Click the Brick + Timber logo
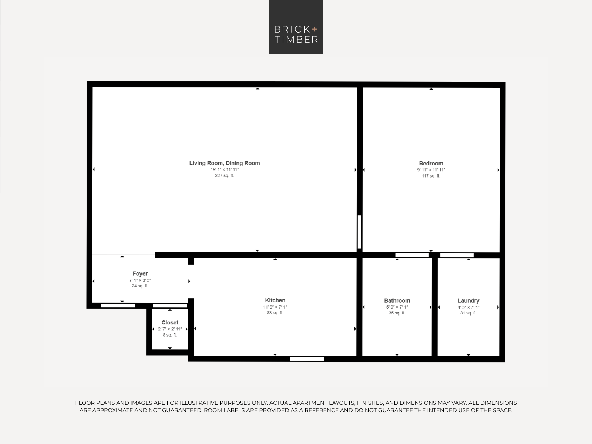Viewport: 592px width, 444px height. coord(296,27)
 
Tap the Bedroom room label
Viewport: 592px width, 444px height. coord(431,164)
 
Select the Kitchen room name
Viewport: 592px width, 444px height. coord(275,300)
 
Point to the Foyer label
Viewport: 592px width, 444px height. coord(140,274)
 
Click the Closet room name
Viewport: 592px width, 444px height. coord(170,322)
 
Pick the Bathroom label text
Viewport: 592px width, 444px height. coord(397,300)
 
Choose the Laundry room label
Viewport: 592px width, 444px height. coord(468,300)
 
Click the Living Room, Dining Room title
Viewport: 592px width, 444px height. coord(225,163)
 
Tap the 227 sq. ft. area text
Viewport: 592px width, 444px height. coord(224,175)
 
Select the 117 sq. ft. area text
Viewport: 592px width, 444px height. coord(431,176)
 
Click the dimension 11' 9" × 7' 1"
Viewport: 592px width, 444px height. coord(275,307)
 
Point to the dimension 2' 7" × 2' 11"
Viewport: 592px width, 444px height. coord(170,329)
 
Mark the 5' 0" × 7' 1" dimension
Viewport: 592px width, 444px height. coord(397,307)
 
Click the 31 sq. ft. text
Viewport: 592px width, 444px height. coord(468,313)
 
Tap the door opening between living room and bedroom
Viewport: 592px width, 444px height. coord(360,232)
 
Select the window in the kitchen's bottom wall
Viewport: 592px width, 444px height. coord(307,359)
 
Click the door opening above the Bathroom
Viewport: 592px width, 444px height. coord(412,255)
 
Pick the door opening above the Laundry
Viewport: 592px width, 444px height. coord(457,255)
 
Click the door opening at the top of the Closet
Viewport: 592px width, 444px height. coord(170,306)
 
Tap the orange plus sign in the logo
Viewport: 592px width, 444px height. coord(314,29)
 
